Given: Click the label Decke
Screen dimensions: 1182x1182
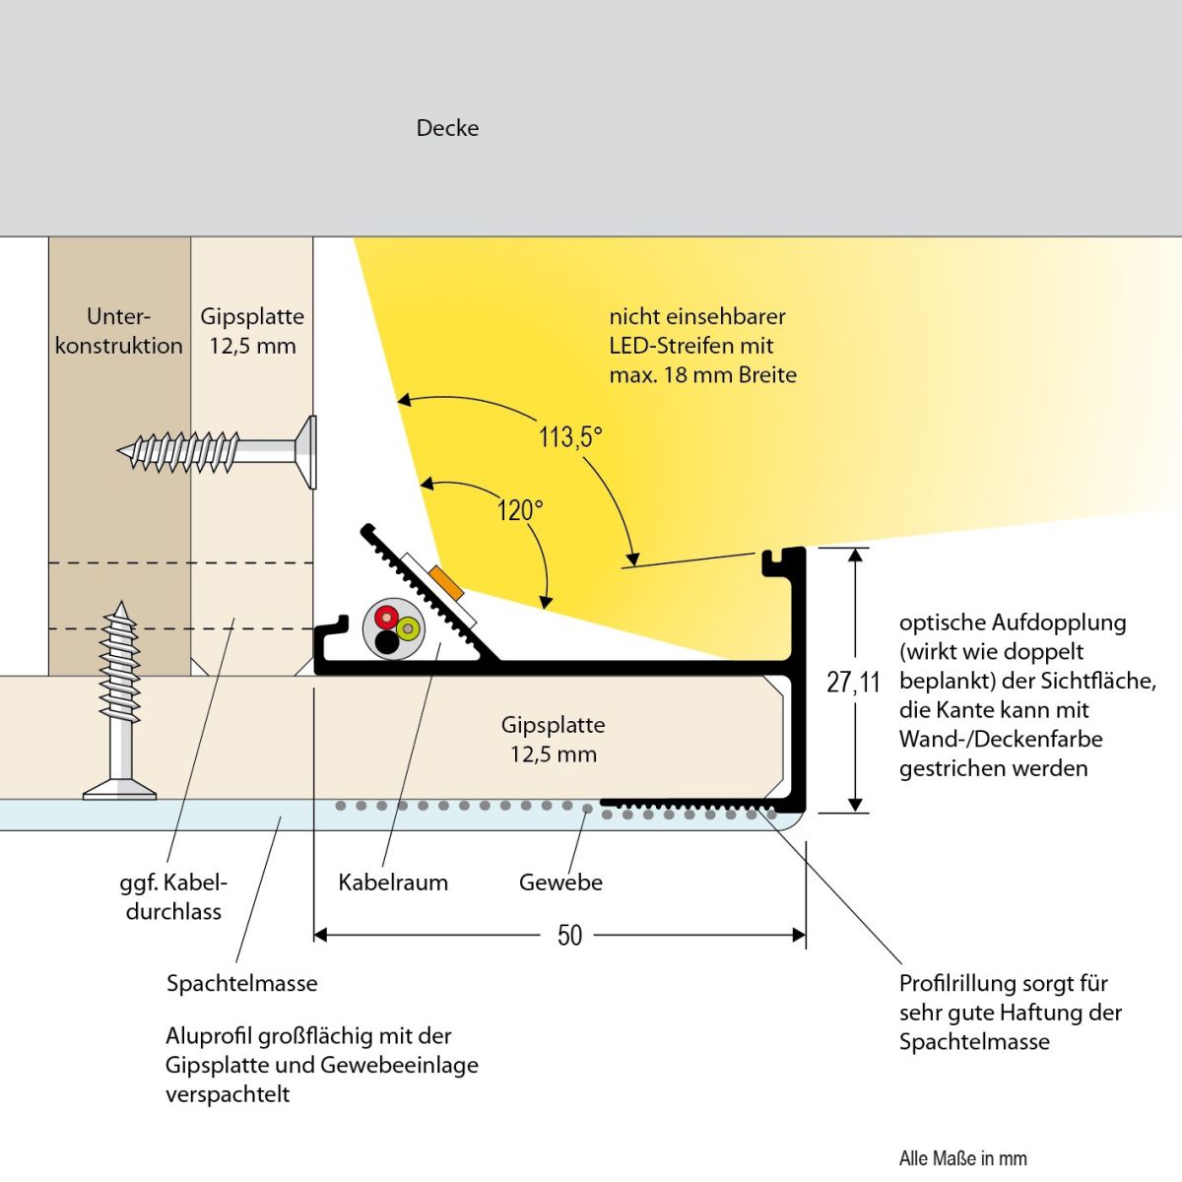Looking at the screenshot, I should click(x=447, y=128).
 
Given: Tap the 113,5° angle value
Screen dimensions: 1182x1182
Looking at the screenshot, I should click(x=569, y=436).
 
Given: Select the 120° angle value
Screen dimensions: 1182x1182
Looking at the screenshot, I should click(x=519, y=510).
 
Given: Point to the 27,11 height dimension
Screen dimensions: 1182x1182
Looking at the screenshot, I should click(x=853, y=682).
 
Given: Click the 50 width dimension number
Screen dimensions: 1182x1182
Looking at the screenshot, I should click(x=569, y=935).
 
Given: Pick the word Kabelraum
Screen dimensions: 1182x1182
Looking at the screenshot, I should click(x=393, y=883).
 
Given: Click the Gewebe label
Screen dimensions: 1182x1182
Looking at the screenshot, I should click(x=560, y=883).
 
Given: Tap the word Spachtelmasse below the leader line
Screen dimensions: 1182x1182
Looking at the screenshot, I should click(x=241, y=983).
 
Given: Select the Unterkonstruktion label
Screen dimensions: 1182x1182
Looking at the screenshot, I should click(x=119, y=331).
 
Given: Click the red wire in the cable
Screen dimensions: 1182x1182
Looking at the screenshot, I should click(x=385, y=617).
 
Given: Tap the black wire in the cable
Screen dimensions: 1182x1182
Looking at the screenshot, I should click(x=386, y=642).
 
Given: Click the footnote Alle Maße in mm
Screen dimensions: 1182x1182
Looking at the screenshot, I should click(x=962, y=1158).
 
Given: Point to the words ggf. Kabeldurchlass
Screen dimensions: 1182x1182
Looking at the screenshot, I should click(x=173, y=896).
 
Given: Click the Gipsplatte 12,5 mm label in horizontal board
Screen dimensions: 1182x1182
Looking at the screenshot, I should click(x=553, y=740).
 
